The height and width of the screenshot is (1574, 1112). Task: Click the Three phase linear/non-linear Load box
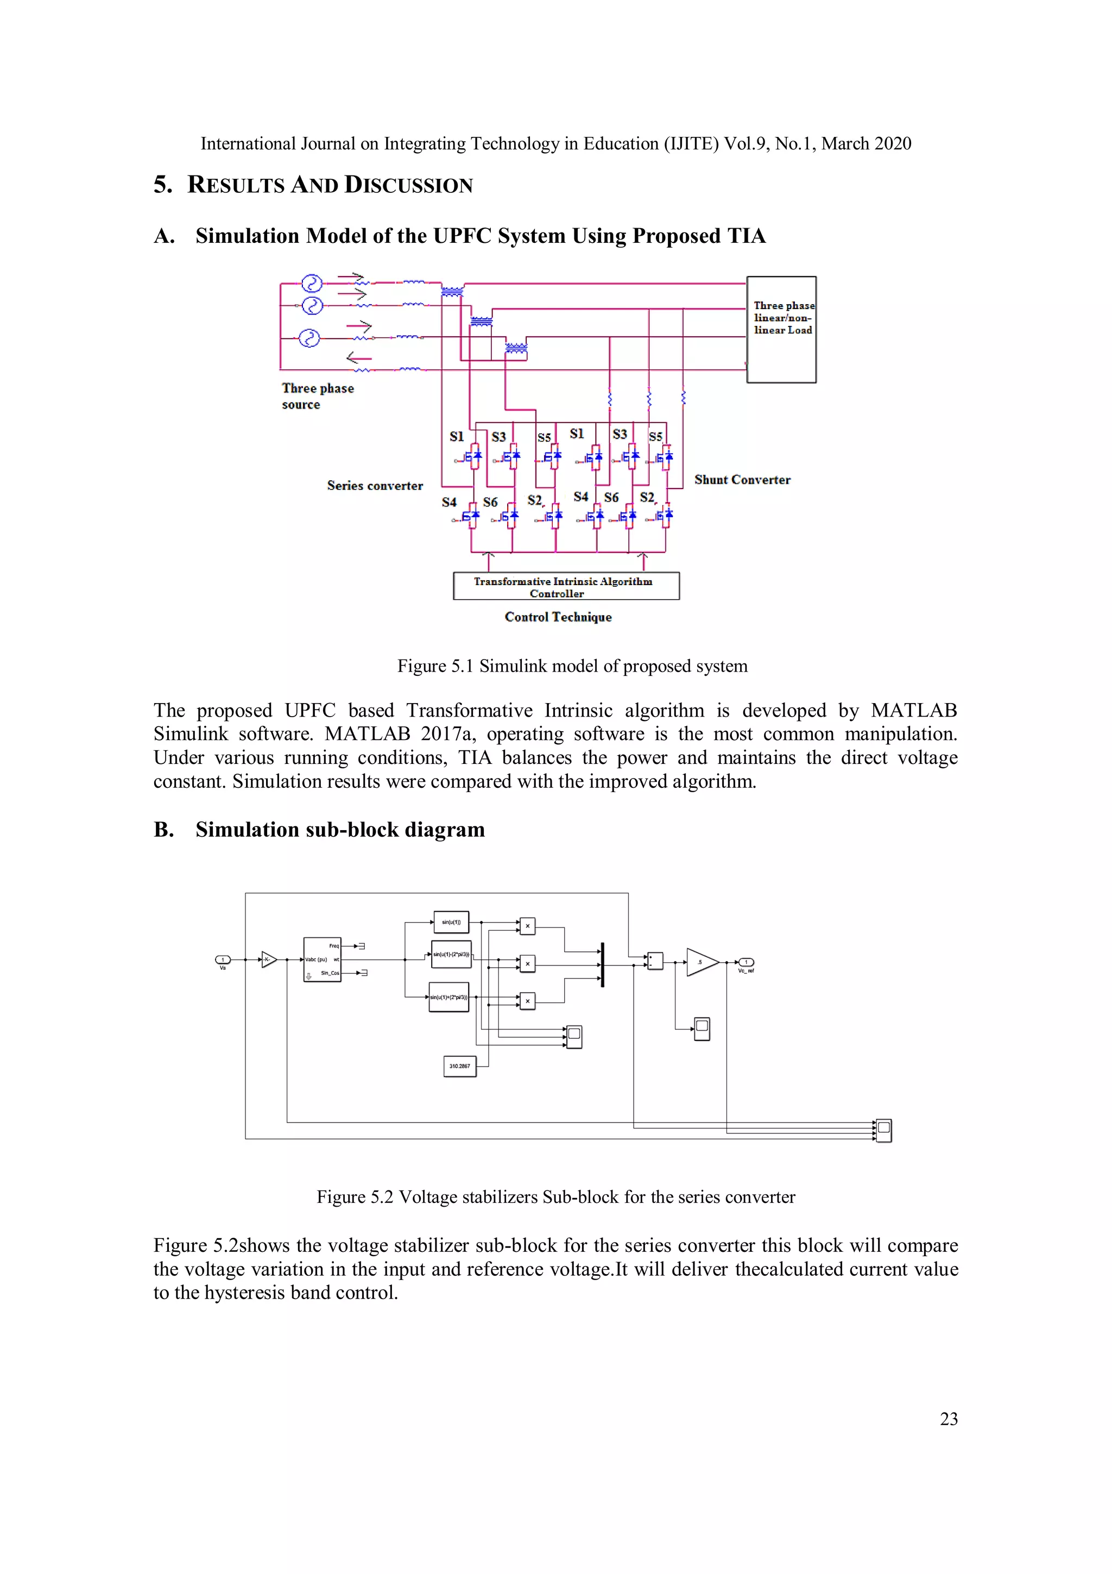pyautogui.click(x=781, y=329)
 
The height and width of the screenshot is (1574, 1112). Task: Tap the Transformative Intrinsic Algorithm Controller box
pyautogui.click(x=566, y=587)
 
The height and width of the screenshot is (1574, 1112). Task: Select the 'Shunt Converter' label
pyautogui.click(x=742, y=480)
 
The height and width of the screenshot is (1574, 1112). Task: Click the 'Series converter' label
pyautogui.click(x=375, y=485)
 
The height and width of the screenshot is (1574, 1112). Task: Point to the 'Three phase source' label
pyautogui.click(x=317, y=396)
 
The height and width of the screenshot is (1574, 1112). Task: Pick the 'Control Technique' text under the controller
pyautogui.click(x=558, y=617)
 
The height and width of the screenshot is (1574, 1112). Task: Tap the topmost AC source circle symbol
pyautogui.click(x=312, y=283)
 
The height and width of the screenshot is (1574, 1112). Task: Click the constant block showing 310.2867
pyautogui.click(x=460, y=1066)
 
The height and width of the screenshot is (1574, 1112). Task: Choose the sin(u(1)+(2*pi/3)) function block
pyautogui.click(x=449, y=998)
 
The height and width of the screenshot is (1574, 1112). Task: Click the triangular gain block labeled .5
pyautogui.click(x=700, y=963)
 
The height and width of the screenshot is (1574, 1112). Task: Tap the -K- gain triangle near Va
pyautogui.click(x=269, y=960)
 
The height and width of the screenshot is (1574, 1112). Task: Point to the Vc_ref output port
pyautogui.click(x=746, y=962)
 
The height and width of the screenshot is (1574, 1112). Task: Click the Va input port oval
pyautogui.click(x=223, y=960)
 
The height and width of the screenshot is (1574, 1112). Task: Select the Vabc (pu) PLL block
pyautogui.click(x=322, y=960)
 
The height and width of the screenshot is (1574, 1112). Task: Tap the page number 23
pyautogui.click(x=948, y=1419)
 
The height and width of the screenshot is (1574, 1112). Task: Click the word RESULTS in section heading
pyautogui.click(x=236, y=185)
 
